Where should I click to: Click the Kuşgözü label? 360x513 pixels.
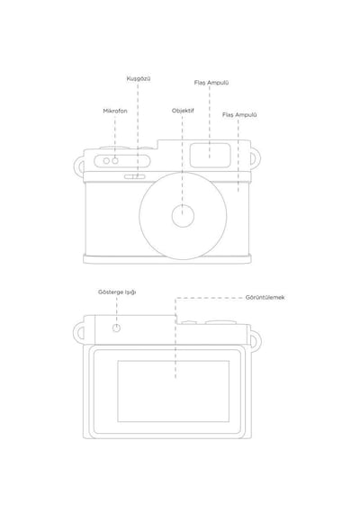(x=139, y=79)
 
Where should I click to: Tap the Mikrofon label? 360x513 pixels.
(x=115, y=111)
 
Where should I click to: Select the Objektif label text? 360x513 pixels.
(x=183, y=111)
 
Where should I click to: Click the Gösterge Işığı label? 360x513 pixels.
(x=117, y=292)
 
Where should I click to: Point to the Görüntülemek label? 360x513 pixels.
(x=265, y=297)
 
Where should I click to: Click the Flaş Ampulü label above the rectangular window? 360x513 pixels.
(x=211, y=83)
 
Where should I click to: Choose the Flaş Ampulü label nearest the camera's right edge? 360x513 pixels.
(x=239, y=115)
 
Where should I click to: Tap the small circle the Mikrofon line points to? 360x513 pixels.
(x=115, y=161)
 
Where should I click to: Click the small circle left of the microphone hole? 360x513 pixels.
(x=106, y=161)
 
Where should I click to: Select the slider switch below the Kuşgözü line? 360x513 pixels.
(x=134, y=176)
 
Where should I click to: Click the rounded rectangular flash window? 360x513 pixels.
(x=210, y=156)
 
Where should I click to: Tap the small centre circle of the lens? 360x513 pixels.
(x=183, y=216)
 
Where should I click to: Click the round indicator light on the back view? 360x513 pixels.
(x=116, y=328)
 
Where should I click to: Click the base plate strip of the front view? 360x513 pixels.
(x=167, y=259)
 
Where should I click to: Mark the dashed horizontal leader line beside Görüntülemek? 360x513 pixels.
(x=209, y=298)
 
